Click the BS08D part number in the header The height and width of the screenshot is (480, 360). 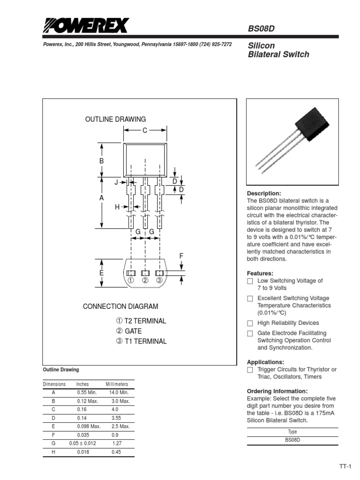(261, 29)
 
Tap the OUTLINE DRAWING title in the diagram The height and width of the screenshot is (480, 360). (115, 119)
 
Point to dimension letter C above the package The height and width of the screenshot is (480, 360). (145, 131)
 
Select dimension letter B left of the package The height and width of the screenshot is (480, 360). (101, 161)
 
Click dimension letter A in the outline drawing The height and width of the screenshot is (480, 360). (101, 198)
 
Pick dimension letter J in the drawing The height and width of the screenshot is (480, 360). (116, 182)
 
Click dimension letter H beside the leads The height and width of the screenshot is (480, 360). (117, 206)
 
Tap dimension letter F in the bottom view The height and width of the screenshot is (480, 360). (181, 256)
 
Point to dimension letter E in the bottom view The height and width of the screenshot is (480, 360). (101, 273)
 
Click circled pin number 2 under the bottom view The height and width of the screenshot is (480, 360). (145, 280)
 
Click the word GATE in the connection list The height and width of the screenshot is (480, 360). (133, 331)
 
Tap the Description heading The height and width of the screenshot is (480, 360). (264, 194)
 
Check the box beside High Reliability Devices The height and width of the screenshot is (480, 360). (250, 323)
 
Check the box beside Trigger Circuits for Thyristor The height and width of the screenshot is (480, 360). (250, 370)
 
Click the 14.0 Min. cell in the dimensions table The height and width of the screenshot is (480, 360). (119, 392)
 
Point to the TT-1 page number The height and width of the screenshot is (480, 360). (346, 467)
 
